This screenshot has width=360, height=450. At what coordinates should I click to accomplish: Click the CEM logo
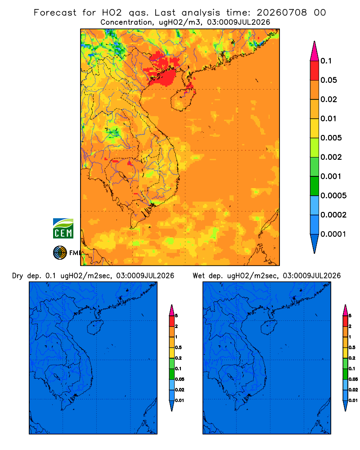click(63, 229)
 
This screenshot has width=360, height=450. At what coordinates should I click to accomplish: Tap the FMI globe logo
click(60, 253)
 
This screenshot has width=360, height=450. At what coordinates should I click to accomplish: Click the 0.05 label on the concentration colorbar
click(328, 80)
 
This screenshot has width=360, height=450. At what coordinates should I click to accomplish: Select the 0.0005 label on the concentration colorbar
click(333, 196)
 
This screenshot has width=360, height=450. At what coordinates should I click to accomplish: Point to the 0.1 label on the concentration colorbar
click(326, 61)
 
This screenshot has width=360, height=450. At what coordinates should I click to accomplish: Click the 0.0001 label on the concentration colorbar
click(333, 234)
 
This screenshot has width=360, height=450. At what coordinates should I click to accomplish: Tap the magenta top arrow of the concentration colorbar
click(315, 51)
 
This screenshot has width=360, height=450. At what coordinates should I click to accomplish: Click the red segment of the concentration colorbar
click(315, 71)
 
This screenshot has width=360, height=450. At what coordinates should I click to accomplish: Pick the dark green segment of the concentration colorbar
click(315, 186)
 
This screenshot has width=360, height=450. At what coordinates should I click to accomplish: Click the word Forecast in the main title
click(55, 13)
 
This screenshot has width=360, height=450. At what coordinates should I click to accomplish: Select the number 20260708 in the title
click(282, 13)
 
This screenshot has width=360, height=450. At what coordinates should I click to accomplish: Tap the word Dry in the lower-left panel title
click(18, 276)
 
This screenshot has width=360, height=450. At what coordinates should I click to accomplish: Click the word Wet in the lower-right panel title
click(198, 276)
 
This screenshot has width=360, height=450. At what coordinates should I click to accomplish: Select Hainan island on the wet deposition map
click(269, 328)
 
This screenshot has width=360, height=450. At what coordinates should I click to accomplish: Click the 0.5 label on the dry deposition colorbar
click(178, 347)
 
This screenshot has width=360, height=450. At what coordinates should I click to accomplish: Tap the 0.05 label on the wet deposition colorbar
click(353, 379)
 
